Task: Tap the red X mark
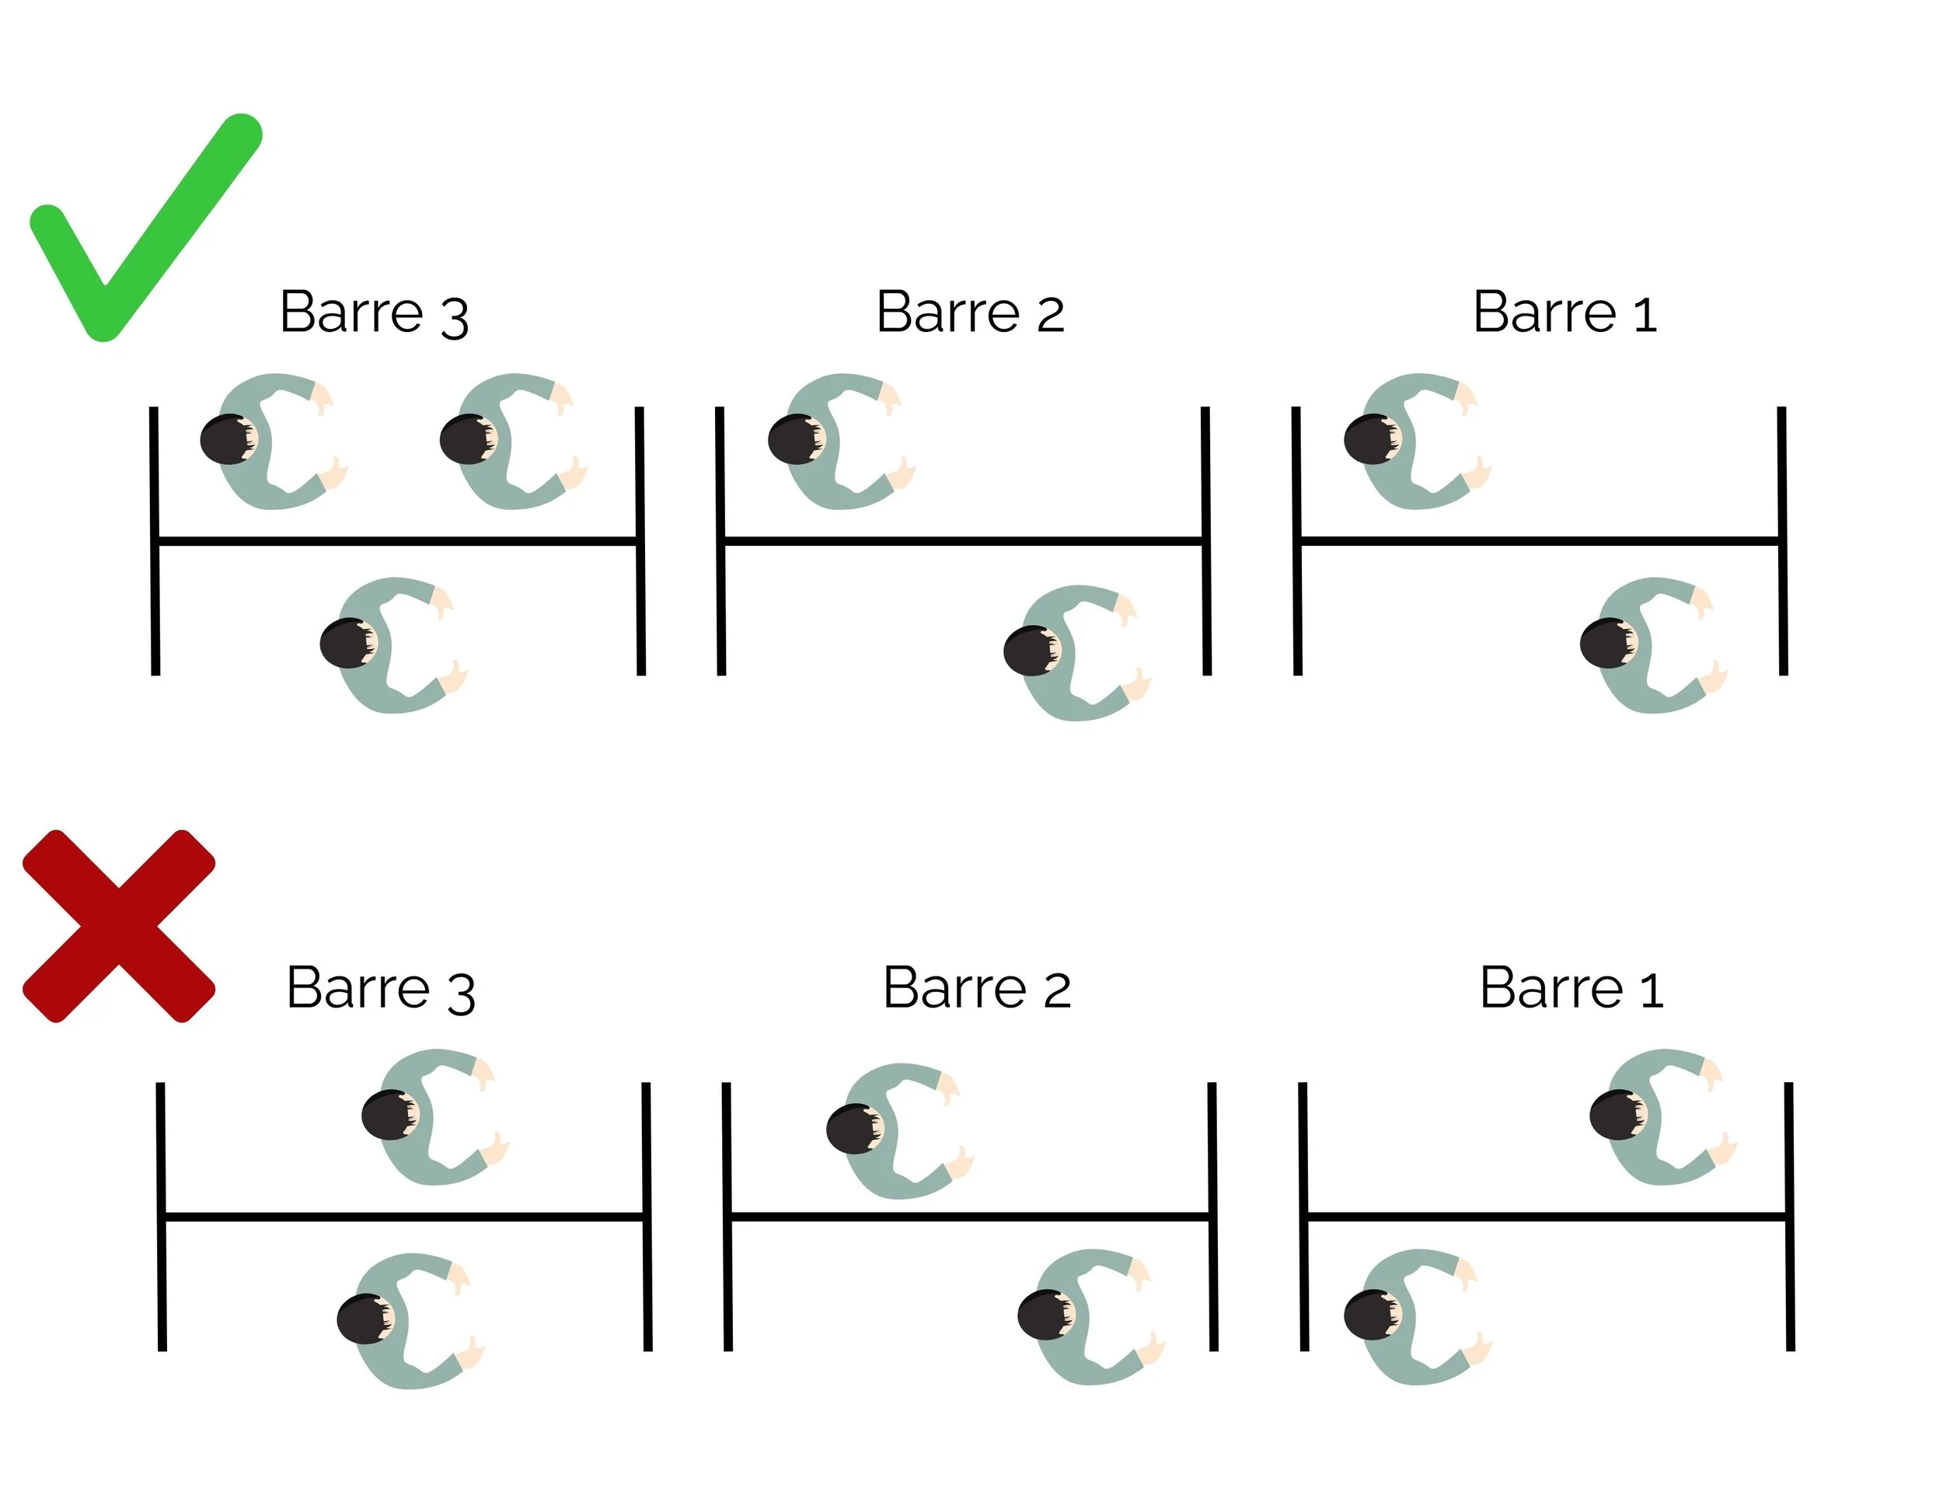coord(118,925)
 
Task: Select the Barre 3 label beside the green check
coord(374,313)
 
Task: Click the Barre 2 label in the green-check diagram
coord(970,313)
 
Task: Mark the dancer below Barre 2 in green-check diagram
coord(1077,652)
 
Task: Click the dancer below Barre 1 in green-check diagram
coord(1654,645)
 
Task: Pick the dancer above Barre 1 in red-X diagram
coord(1664,1116)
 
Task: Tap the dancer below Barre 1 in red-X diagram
coord(1418,1317)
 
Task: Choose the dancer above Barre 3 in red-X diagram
coord(435,1116)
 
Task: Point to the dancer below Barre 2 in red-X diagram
coord(1092,1317)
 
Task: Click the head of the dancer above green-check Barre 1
coord(1372,439)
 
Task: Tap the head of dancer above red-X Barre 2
coord(854,1129)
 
